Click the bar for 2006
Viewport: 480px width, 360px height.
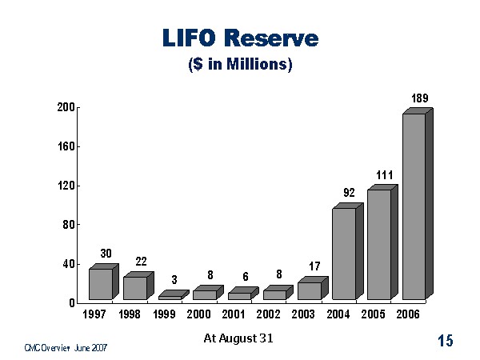coord(414,206)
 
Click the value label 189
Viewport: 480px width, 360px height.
coord(420,98)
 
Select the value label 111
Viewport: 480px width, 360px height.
coord(385,174)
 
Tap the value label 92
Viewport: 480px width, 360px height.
coord(349,192)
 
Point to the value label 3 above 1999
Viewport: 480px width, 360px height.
coord(174,280)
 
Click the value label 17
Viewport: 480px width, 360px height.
coord(314,266)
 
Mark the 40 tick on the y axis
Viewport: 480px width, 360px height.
coord(69,264)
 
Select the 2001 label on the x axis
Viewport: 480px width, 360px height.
coord(234,315)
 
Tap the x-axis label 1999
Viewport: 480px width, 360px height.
coord(164,315)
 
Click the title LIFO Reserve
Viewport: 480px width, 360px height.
coord(240,38)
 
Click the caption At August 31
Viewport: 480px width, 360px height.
coord(238,338)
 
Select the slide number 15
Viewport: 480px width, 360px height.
coord(445,342)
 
